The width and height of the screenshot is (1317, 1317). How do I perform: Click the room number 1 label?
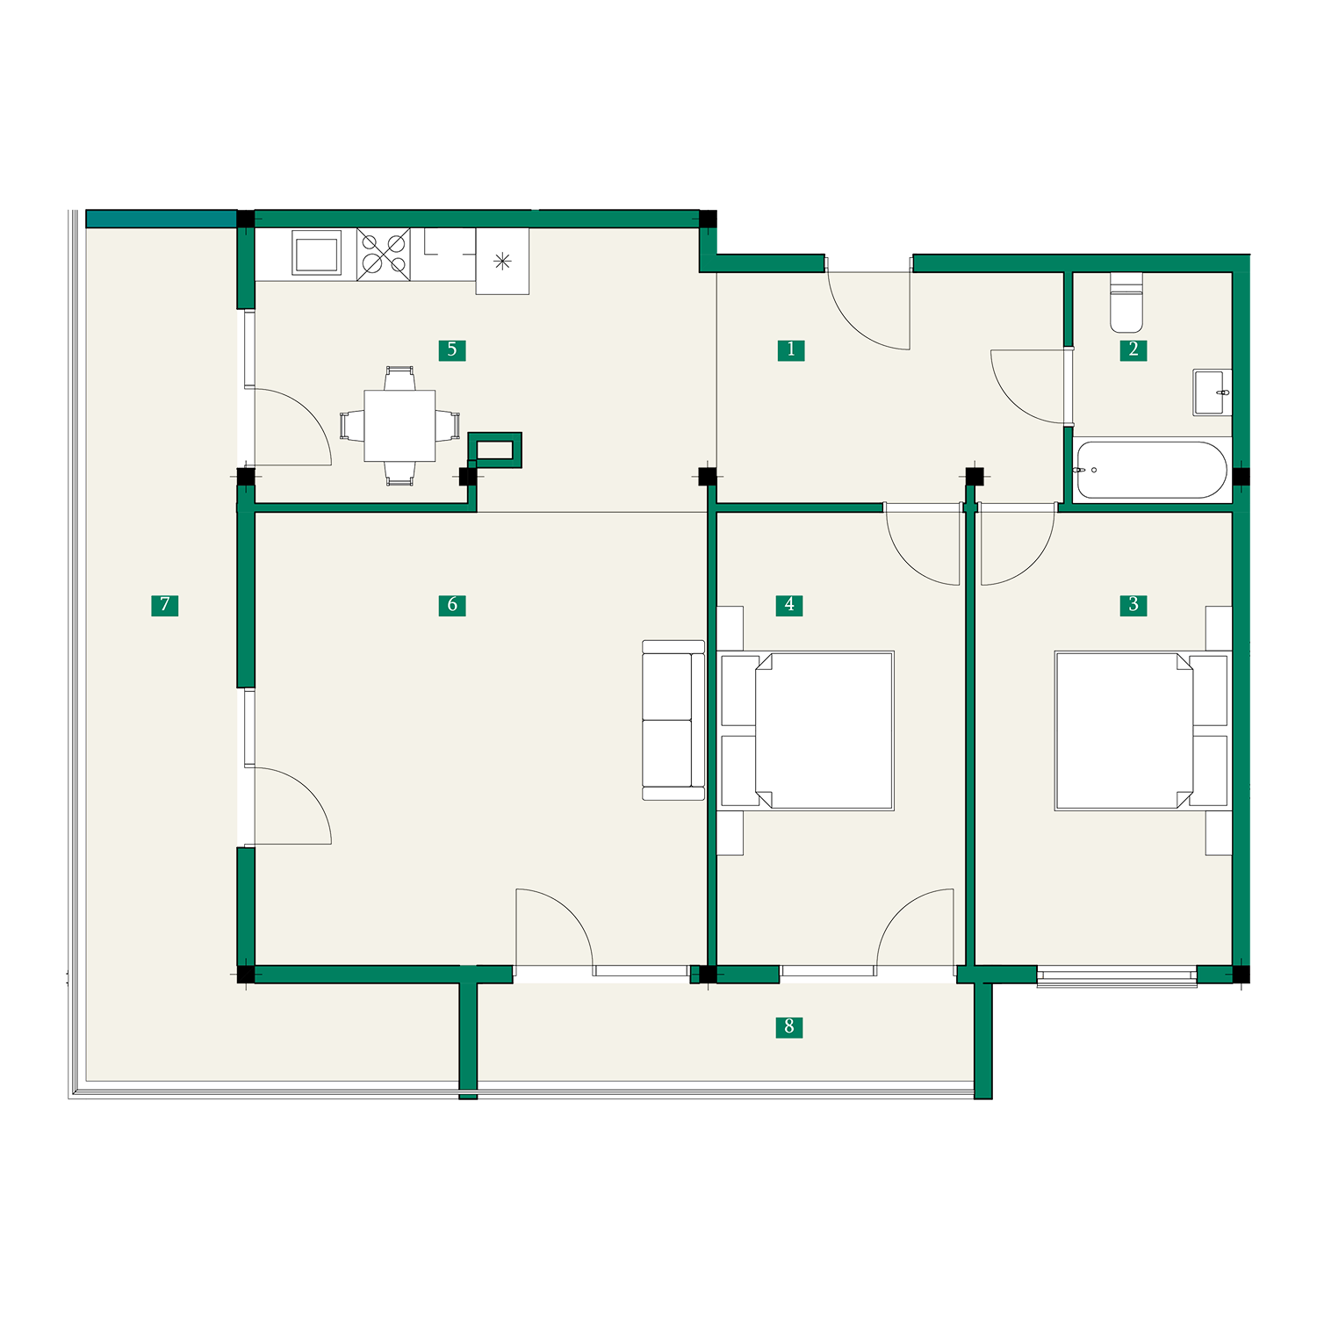click(x=790, y=350)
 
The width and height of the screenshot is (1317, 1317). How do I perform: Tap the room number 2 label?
click(x=1133, y=350)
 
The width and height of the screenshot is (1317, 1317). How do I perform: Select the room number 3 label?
click(x=1133, y=605)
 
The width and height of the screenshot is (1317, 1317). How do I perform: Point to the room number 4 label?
click(x=789, y=605)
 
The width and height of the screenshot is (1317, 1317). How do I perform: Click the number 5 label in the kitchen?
click(x=452, y=350)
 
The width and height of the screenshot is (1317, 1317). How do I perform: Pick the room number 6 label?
click(x=452, y=605)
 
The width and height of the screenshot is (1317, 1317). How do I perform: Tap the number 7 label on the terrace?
click(x=165, y=605)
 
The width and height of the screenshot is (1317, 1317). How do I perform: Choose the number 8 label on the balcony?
click(x=789, y=1027)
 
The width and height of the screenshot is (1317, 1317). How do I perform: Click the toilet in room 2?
click(x=1126, y=303)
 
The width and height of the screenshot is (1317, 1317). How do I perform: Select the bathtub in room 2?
click(x=1151, y=470)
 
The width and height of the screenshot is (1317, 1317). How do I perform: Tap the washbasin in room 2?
click(x=1212, y=392)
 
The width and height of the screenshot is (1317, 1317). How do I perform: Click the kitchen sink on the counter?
click(x=316, y=253)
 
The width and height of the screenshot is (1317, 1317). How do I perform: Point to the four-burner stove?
click(x=384, y=255)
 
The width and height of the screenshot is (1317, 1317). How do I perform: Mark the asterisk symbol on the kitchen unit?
click(x=502, y=260)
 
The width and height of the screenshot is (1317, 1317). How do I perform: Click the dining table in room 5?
click(x=399, y=426)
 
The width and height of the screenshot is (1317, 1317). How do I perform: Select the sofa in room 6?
click(x=673, y=720)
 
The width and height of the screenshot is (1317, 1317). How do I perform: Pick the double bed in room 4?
click(x=806, y=730)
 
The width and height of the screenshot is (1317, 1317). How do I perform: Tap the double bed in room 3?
click(x=1142, y=730)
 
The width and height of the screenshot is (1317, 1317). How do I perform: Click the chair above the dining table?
click(x=399, y=378)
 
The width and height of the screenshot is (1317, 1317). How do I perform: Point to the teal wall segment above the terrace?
click(x=162, y=219)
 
